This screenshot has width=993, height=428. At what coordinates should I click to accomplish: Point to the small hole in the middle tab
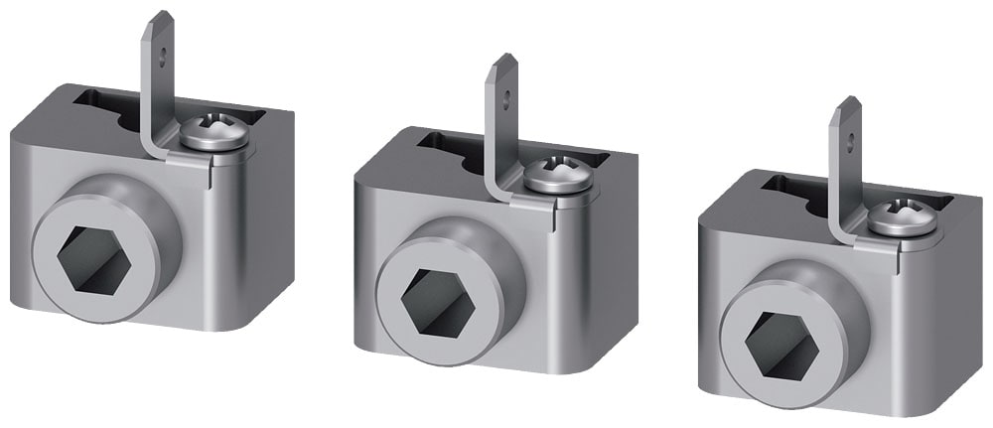click(x=506, y=97)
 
